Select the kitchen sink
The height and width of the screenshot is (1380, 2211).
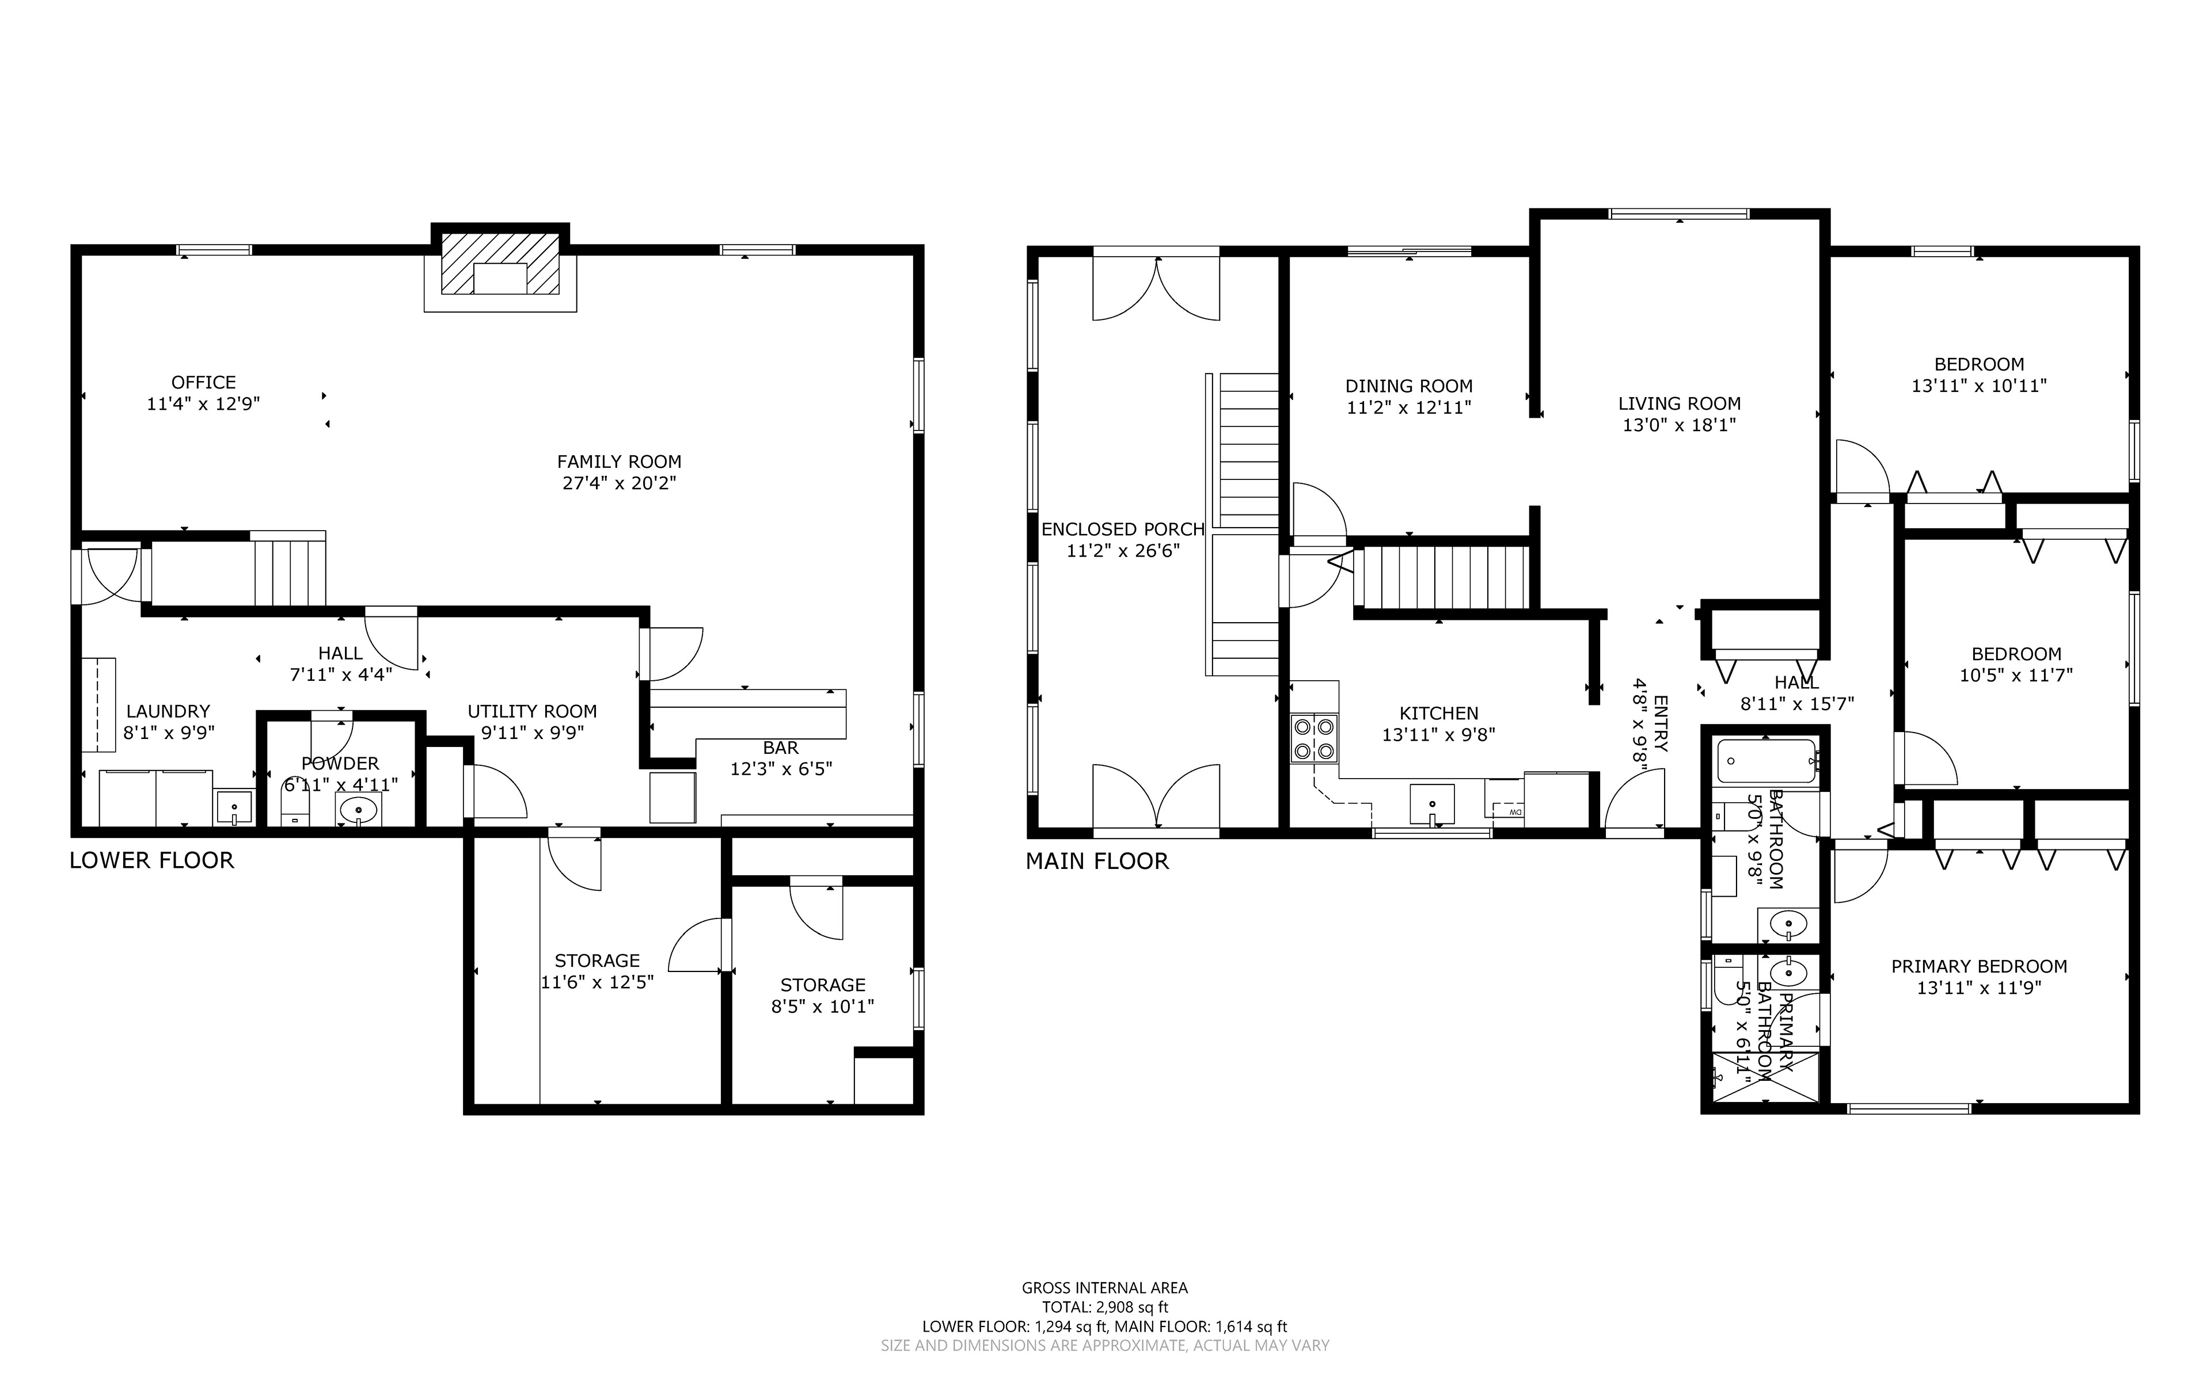pyautogui.click(x=1433, y=804)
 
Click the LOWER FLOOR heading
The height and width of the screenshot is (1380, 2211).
pyautogui.click(x=151, y=861)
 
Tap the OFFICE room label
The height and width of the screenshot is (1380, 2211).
pyautogui.click(x=204, y=383)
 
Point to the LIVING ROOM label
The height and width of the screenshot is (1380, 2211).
pyautogui.click(x=1680, y=403)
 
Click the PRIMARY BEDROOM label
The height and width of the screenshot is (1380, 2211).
pyautogui.click(x=1979, y=967)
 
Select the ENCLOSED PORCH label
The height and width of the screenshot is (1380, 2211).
pyautogui.click(x=1123, y=529)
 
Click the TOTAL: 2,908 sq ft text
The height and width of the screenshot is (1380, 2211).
pyautogui.click(x=1104, y=1307)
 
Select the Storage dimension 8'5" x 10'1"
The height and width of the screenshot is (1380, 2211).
pyautogui.click(x=823, y=1007)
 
